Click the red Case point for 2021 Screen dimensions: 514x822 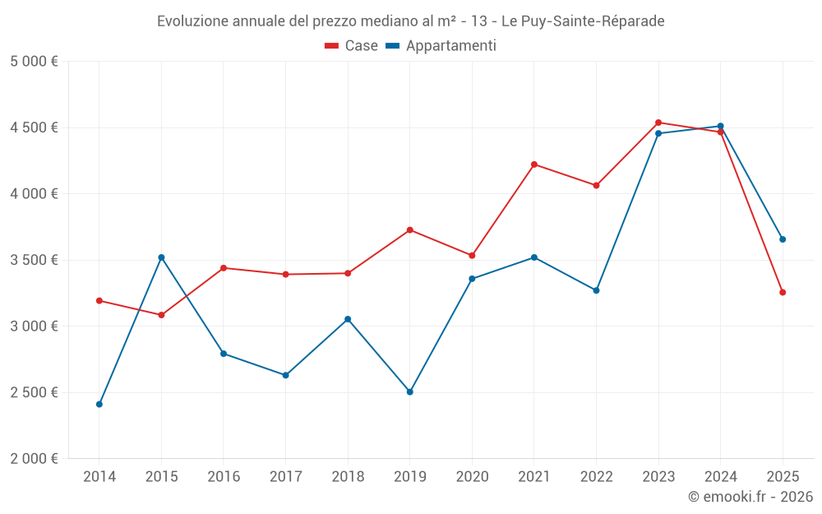534,164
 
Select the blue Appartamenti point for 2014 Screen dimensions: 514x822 99,404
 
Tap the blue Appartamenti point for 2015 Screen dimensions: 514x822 161,257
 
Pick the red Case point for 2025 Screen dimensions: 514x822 783,292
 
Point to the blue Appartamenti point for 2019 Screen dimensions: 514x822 410,391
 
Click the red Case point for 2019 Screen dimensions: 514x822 410,229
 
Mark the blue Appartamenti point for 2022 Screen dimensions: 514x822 596,290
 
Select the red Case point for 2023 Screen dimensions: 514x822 658,123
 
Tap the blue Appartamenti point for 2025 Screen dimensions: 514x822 783,239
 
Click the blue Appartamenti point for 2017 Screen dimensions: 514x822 285,375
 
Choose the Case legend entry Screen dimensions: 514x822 352,46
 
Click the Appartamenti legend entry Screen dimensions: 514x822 441,46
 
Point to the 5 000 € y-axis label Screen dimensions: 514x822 34,62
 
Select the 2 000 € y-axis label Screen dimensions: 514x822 34,459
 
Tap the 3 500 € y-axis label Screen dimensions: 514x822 34,260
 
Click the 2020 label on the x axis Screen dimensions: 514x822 472,476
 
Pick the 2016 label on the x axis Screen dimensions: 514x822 224,476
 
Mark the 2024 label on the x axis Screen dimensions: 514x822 720,476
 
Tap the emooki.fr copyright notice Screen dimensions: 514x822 750,497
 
